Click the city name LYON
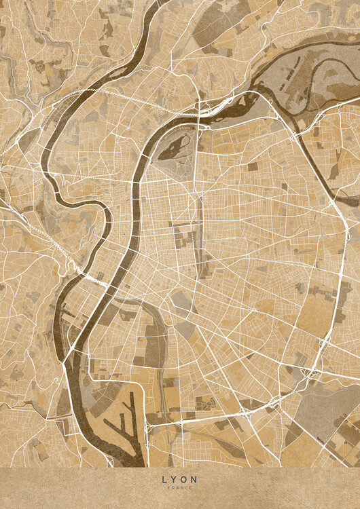click(x=180, y=479)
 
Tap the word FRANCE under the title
click(x=180, y=488)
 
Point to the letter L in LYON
click(x=164, y=479)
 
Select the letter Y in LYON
click(x=174, y=479)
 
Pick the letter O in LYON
click(x=185, y=479)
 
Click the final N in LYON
click(x=196, y=479)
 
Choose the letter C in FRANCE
click(x=186, y=488)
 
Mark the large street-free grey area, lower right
click(x=319, y=400)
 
